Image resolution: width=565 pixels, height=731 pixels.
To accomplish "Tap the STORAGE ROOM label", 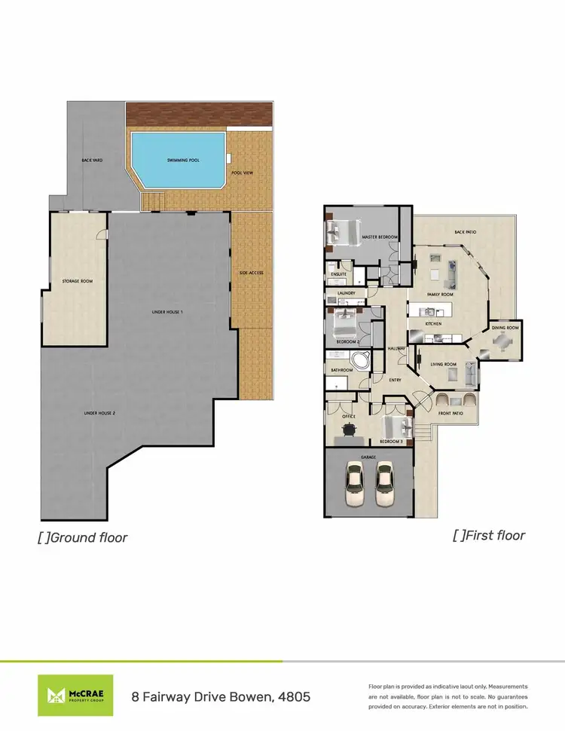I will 77,281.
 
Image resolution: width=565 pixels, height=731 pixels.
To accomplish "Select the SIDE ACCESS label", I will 251,272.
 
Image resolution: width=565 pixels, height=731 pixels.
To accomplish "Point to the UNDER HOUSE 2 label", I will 99,413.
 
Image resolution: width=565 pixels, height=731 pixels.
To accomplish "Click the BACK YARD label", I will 92,161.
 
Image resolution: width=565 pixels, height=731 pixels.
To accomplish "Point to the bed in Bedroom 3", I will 397,426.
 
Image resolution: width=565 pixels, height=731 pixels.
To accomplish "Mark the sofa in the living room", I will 470,373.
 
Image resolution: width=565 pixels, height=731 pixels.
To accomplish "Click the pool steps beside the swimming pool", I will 154,200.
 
